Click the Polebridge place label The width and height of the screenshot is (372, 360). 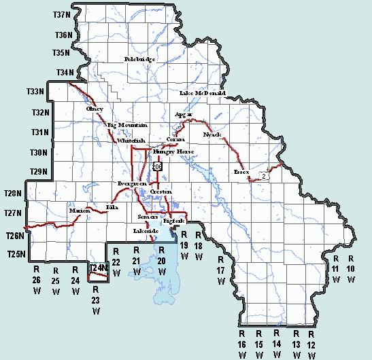point(139,60)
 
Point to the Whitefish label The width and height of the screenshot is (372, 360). point(130,141)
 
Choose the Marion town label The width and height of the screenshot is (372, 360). point(80,211)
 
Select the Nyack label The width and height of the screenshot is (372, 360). point(212,135)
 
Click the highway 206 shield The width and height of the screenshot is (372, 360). point(158,166)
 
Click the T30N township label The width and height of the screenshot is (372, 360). point(39,153)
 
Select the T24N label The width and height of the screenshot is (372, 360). point(99,268)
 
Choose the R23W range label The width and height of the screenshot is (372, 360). point(96,300)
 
